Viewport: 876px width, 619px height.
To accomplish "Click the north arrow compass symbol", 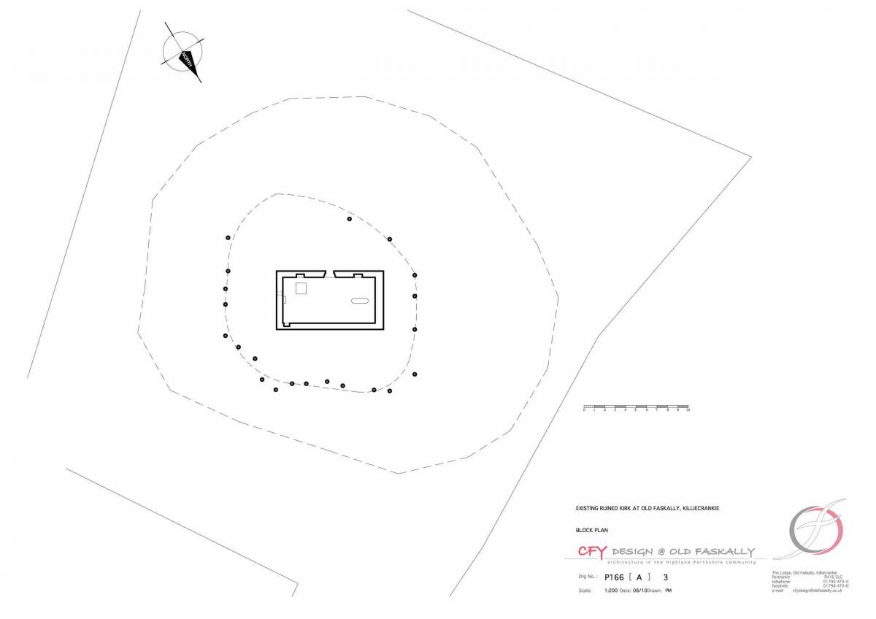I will [x=183, y=53].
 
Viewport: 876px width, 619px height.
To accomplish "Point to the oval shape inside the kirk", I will [x=360, y=301].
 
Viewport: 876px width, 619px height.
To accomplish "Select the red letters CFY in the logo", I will [x=591, y=552].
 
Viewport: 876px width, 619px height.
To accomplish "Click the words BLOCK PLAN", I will [x=592, y=531].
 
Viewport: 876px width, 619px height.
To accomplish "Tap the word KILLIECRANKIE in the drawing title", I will [x=699, y=508].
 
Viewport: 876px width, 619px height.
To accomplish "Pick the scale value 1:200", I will [x=611, y=590].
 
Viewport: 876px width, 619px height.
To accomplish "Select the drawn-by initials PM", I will [x=668, y=590].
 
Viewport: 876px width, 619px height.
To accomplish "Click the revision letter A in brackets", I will [x=639, y=577].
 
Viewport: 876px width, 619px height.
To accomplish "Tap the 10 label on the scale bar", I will [x=688, y=411].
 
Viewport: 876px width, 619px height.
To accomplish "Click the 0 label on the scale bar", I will [x=584, y=411].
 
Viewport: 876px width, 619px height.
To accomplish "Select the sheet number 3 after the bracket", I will [x=665, y=577].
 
